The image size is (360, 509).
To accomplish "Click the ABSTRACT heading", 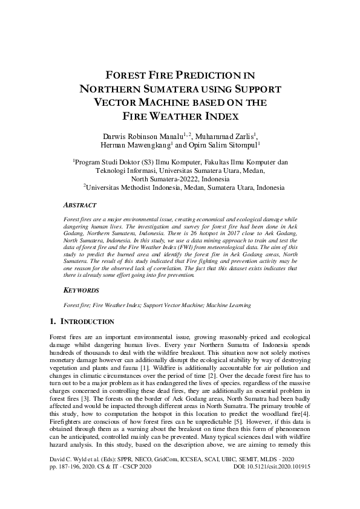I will pyautogui.click(x=82, y=204).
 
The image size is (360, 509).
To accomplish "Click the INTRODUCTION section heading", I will pyautogui.click(x=87, y=321).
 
